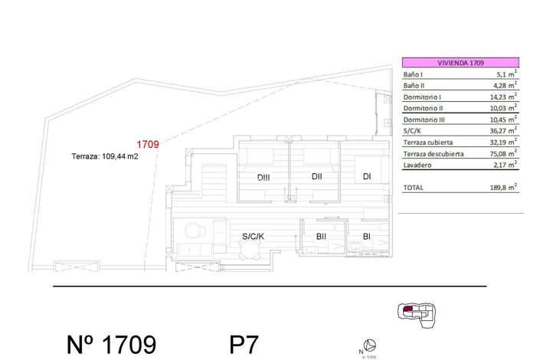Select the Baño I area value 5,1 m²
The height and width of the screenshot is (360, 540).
point(504,75)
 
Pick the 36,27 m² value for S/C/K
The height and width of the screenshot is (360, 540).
point(502,131)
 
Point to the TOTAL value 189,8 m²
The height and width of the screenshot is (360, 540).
point(502,187)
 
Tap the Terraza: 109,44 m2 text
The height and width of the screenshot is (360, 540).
point(104,155)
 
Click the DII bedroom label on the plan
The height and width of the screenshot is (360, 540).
point(316,177)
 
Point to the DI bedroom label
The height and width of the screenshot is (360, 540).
point(367,177)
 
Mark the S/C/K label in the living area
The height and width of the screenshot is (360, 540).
point(253,236)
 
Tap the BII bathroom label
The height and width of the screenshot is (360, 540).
point(321,237)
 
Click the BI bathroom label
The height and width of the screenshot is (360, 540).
point(367,237)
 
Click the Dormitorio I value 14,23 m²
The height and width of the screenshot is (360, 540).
point(502,97)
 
